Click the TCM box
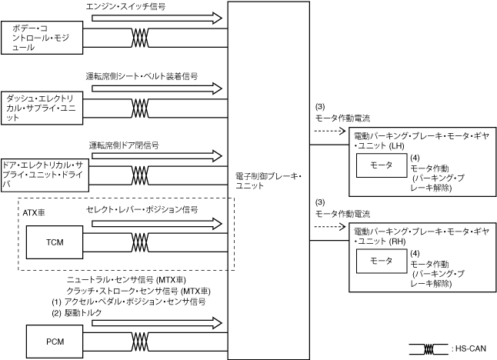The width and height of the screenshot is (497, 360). [x=55, y=243]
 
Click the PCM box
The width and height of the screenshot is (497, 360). [x=55, y=338]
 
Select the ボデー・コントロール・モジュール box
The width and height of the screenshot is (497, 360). [x=42, y=38]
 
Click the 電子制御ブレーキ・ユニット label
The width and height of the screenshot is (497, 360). [x=269, y=182]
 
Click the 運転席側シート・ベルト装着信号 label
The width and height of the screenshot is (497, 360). [x=142, y=77]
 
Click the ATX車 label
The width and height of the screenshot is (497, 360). [x=35, y=210]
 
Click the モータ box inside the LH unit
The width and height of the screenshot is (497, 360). [x=382, y=165]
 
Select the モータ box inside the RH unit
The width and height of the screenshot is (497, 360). [x=382, y=262]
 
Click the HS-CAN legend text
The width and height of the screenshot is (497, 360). [x=472, y=348]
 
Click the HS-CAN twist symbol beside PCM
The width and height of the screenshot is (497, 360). [x=140, y=339]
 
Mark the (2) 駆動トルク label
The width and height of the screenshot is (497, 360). [x=82, y=312]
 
